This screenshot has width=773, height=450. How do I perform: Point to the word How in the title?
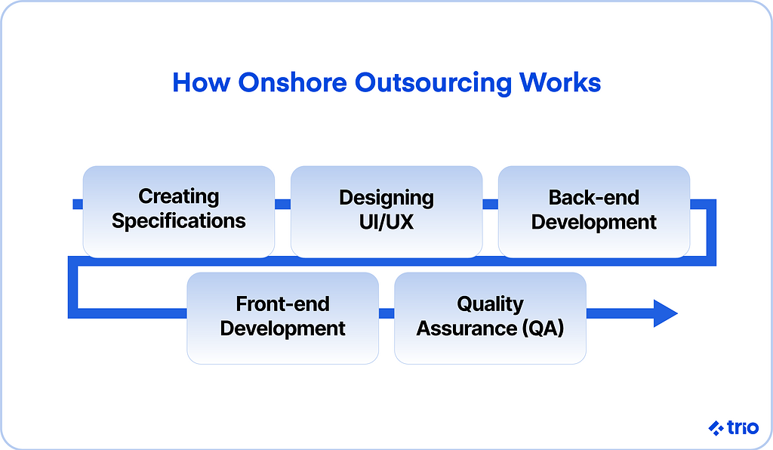click(x=201, y=82)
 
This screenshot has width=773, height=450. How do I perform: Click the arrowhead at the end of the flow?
click(x=665, y=313)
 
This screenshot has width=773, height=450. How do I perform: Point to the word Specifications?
click(x=179, y=221)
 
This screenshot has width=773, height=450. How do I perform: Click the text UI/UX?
click(x=386, y=222)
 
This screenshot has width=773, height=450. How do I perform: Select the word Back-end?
click(x=594, y=198)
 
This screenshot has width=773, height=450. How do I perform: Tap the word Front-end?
click(x=283, y=304)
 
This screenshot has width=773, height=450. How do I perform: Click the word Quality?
click(x=490, y=304)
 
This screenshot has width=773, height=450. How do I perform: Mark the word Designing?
click(x=386, y=198)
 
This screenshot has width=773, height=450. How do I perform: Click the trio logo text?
click(x=743, y=427)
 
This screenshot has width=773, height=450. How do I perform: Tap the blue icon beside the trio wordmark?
click(x=716, y=428)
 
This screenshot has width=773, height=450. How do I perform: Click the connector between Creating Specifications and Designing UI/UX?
click(x=282, y=204)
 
